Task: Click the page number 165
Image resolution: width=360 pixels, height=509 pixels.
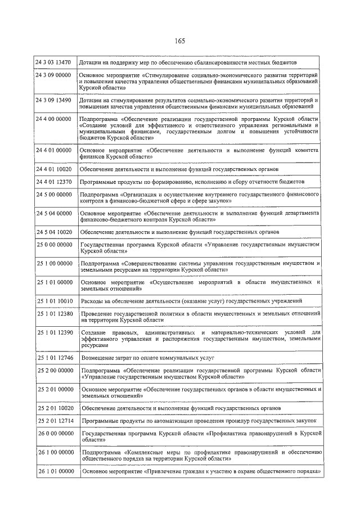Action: pyautogui.click(x=180, y=40)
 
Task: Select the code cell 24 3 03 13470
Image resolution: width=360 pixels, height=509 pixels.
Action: pyautogui.click(x=53, y=62)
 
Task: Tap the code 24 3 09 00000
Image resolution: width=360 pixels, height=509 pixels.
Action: pyautogui.click(x=53, y=75)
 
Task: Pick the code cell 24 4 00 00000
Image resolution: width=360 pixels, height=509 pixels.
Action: pyautogui.click(x=53, y=119)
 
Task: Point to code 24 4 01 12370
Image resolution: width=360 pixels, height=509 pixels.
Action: pyautogui.click(x=53, y=182)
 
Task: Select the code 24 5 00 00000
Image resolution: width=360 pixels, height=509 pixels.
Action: pyautogui.click(x=53, y=194)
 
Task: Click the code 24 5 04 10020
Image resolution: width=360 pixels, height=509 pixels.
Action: pyautogui.click(x=53, y=232)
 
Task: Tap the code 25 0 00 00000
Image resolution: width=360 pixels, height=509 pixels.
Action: pyautogui.click(x=54, y=245)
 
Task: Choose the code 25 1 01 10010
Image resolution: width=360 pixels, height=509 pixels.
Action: pyautogui.click(x=54, y=301)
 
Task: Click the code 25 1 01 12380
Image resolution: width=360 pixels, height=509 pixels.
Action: pyautogui.click(x=54, y=313)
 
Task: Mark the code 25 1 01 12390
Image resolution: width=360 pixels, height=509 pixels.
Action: pyautogui.click(x=54, y=332)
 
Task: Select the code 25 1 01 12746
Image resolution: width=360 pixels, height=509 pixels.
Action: pyautogui.click(x=54, y=358)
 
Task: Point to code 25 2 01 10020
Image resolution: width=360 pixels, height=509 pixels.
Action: pyautogui.click(x=54, y=408)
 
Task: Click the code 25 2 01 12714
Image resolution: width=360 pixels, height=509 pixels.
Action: pyautogui.click(x=54, y=420)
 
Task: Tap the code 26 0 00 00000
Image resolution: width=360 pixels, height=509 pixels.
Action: pyautogui.click(x=54, y=433)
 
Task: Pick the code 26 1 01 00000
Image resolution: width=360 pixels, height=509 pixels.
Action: pyautogui.click(x=54, y=471)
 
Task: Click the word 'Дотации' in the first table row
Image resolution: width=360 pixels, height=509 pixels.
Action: pyautogui.click(x=91, y=62)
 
